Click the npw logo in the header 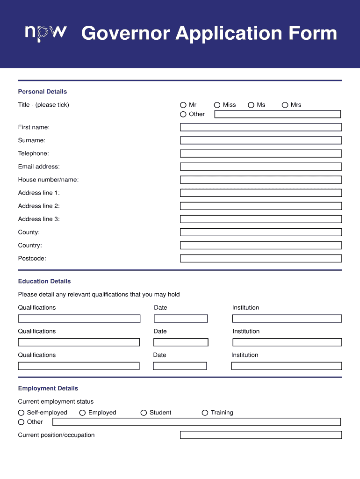pos(46,33)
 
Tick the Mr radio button pos(183,105)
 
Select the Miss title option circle pos(217,105)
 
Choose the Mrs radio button pos(285,105)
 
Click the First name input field pos(260,127)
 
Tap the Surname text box pos(260,140)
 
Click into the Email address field pos(260,167)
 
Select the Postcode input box pos(260,258)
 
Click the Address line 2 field pos(260,206)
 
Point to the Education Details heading pos(44,281)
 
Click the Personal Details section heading pos(43,92)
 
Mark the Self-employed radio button pos(21,413)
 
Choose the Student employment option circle pos(144,413)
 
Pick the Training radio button pos(205,413)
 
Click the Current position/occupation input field pos(260,435)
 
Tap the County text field pos(260,232)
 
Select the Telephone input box pos(260,153)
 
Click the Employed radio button pos(82,413)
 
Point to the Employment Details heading pos(48,388)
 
